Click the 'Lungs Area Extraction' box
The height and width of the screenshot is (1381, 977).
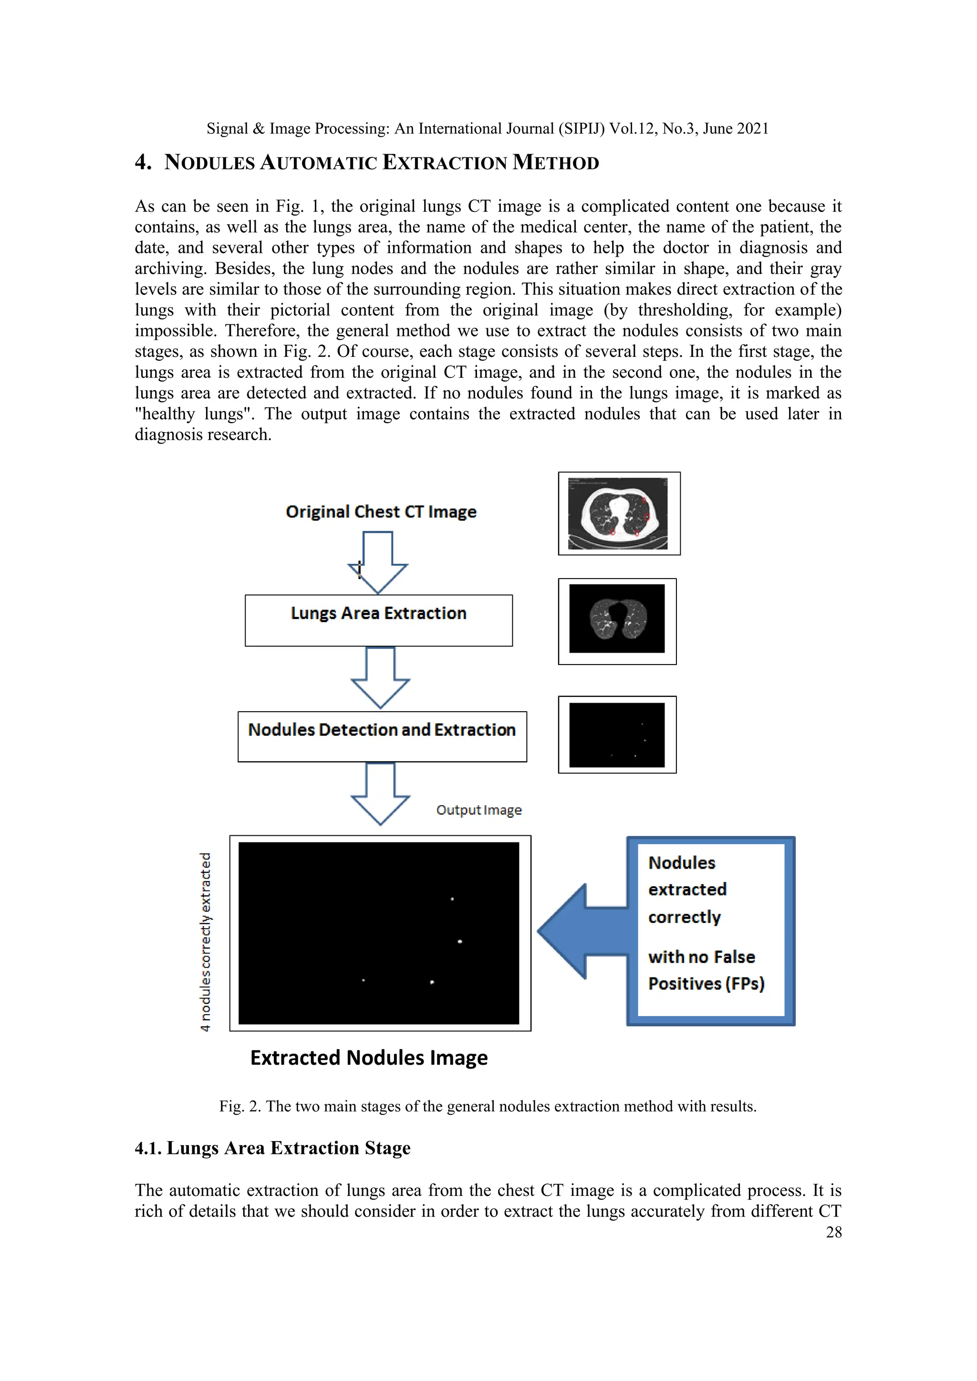click(x=378, y=620)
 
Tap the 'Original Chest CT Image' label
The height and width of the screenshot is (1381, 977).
click(x=381, y=512)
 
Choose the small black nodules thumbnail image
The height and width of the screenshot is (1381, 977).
click(x=617, y=735)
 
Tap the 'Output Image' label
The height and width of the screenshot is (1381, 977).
click(x=479, y=810)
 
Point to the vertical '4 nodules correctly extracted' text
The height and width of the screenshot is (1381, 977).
click(x=206, y=941)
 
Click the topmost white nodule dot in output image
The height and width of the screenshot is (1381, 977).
click(x=452, y=899)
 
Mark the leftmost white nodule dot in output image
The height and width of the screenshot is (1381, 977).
click(x=364, y=980)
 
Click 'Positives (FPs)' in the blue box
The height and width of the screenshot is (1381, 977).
click(x=707, y=984)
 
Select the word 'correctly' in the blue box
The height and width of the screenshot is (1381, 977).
click(x=685, y=917)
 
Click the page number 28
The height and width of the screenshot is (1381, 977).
click(x=833, y=1233)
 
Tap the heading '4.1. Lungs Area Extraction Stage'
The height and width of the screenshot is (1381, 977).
click(x=272, y=1148)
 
